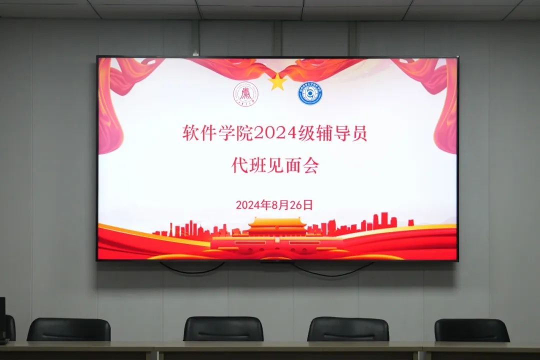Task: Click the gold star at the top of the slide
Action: pos(277,81)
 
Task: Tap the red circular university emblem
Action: pos(245,94)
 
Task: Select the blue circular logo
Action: pos(310,93)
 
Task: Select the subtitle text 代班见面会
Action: pos(275,165)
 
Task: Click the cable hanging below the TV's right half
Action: pos(332,270)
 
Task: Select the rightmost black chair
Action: pos(471,330)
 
